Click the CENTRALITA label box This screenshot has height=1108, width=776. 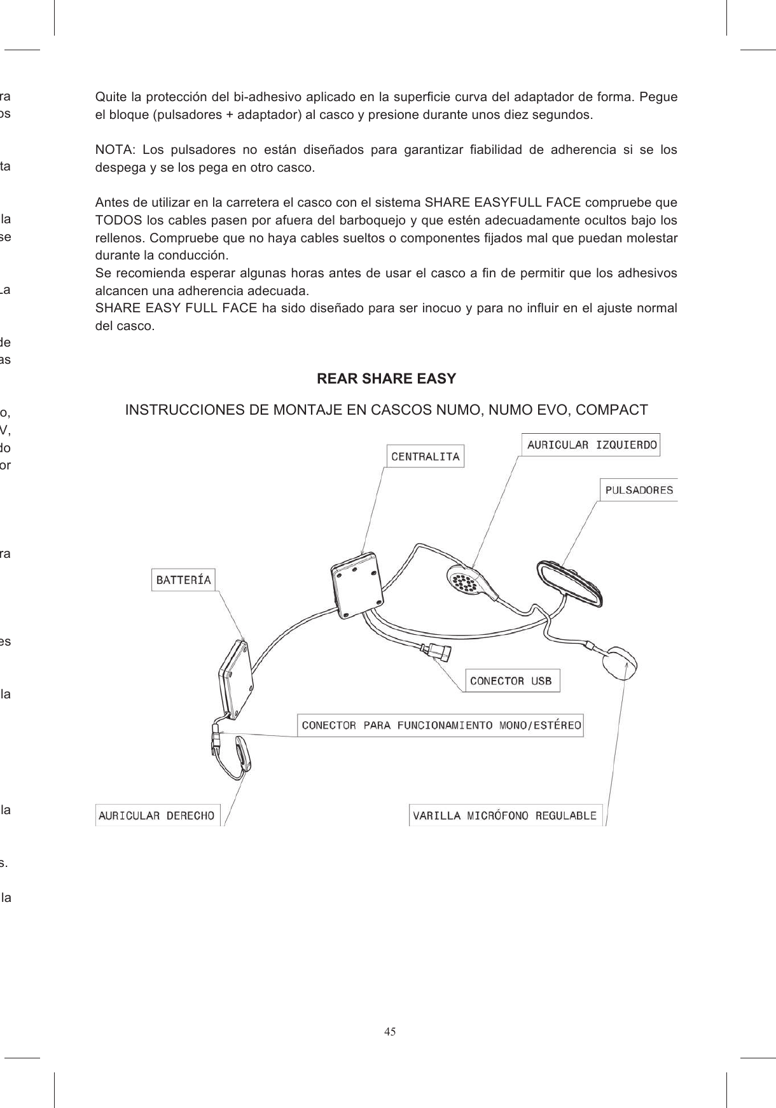coord(425,456)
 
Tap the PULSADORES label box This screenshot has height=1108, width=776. coord(639,490)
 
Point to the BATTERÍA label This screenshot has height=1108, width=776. coord(184,579)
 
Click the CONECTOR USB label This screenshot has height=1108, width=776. coord(511,681)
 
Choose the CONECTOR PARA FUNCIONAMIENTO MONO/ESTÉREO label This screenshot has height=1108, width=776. coord(441,725)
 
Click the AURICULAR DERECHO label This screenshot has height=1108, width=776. coord(157,815)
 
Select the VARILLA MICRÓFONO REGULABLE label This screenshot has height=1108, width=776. coord(505,815)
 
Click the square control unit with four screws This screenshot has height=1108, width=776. coord(357,585)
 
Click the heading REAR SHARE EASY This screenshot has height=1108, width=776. coord(386,379)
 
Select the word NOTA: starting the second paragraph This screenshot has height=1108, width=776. coord(114,150)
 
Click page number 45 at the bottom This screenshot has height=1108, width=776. coord(389,1032)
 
